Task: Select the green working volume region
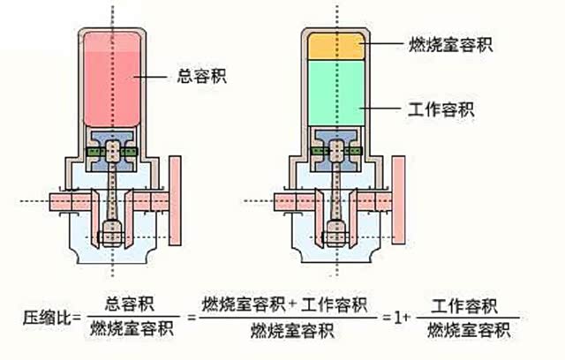click(337, 93)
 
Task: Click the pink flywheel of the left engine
click(175, 202)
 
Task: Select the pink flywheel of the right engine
click(398, 202)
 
